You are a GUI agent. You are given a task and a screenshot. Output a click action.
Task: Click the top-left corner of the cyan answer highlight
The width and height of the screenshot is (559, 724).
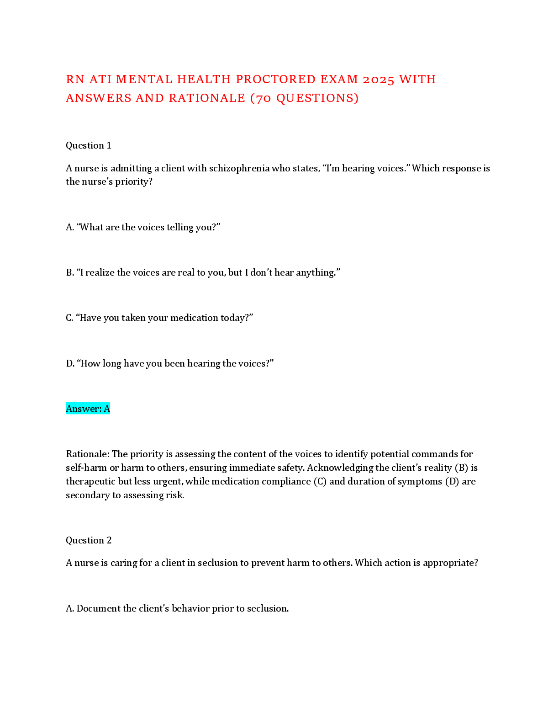click(66, 402)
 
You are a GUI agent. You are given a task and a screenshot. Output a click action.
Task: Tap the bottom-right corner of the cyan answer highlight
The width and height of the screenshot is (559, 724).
click(110, 414)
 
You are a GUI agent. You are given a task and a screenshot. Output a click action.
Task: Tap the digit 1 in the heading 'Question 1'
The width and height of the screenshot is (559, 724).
click(109, 146)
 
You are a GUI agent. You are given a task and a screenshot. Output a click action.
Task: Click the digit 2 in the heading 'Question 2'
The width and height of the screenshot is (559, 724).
click(109, 540)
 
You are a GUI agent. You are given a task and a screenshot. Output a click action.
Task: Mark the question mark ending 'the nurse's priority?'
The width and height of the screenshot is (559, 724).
click(150, 181)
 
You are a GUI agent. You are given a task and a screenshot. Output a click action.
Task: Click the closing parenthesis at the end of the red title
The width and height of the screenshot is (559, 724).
click(356, 98)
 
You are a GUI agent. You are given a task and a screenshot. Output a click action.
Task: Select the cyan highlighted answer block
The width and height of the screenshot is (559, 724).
click(88, 408)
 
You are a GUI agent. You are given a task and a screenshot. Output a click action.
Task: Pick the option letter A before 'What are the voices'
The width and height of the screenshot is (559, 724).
click(69, 227)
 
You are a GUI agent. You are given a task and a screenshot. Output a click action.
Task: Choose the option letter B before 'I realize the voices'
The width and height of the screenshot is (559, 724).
click(69, 272)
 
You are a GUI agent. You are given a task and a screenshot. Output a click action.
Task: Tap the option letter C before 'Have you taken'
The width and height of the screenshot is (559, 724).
click(69, 318)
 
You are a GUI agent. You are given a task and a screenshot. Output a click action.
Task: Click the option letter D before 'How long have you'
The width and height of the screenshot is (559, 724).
click(69, 363)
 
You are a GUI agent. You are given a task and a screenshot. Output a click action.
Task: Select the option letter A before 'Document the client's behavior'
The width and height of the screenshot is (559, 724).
click(69, 608)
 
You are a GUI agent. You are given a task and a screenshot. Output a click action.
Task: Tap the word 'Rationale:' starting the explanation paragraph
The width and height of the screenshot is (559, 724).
click(88, 454)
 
